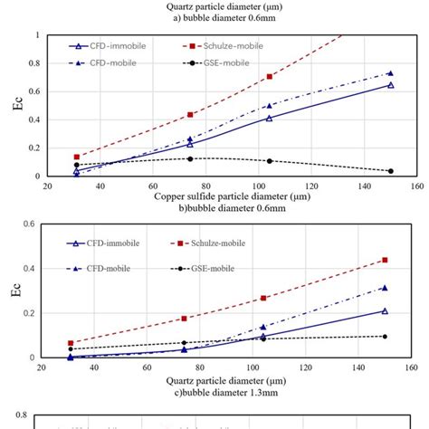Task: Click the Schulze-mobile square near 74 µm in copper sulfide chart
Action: pos(190,115)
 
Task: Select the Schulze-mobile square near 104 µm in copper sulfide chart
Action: pos(269,77)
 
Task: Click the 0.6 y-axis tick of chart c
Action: pos(31,224)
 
